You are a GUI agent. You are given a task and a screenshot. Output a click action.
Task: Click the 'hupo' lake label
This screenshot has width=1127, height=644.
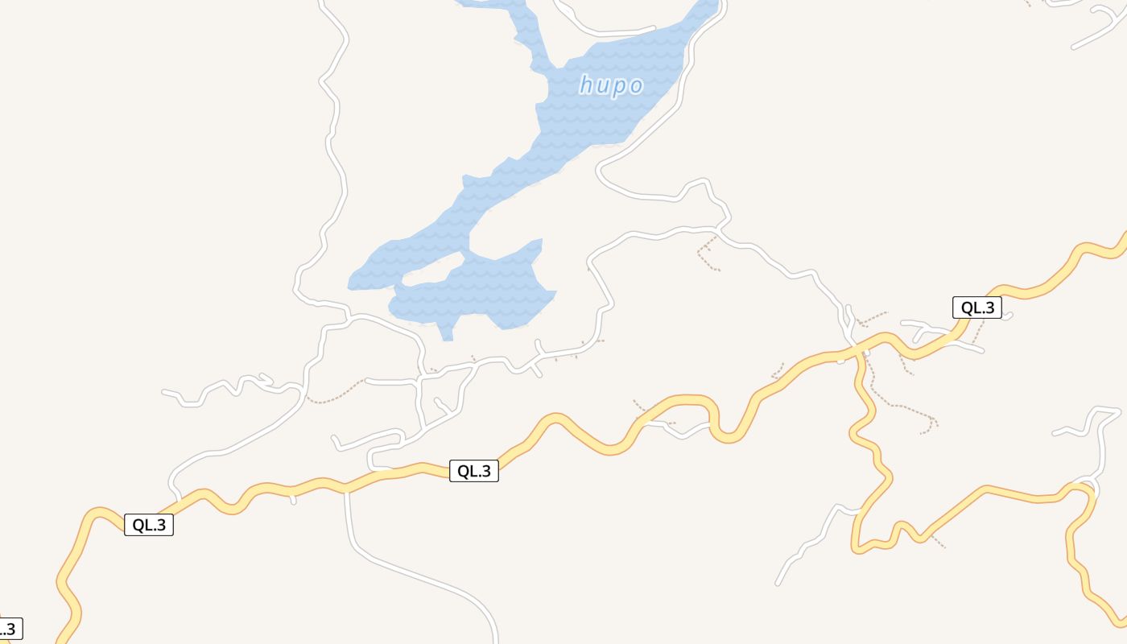(x=612, y=85)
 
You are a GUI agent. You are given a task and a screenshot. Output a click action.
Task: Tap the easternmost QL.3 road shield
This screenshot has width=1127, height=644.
(x=977, y=308)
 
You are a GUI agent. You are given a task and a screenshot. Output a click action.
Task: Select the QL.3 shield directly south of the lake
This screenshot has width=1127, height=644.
(x=473, y=471)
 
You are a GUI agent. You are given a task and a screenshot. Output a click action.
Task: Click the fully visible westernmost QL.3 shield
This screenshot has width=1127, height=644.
(x=149, y=525)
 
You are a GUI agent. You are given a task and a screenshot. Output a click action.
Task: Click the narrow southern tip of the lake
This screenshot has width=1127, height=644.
(x=448, y=332)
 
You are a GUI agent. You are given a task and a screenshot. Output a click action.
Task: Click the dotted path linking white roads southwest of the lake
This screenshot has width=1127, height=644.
(x=334, y=396)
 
